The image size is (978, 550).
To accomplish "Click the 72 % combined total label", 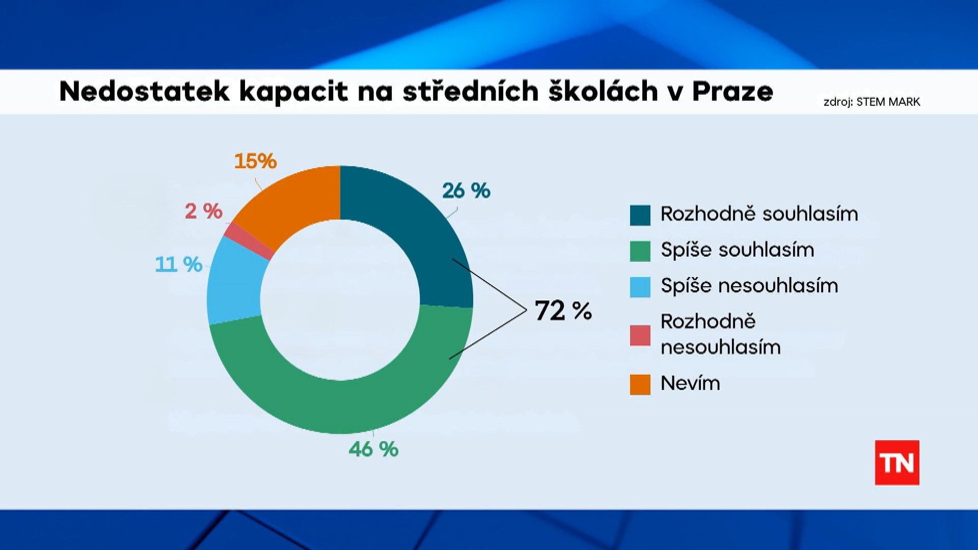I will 563,311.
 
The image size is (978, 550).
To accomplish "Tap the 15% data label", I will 255,161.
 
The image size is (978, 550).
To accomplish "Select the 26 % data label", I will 466,191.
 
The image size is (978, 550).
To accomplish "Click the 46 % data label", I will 373,449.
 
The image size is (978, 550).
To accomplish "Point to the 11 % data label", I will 179,264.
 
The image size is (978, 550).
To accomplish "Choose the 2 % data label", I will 203,211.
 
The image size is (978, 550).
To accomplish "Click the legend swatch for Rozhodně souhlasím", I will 640,215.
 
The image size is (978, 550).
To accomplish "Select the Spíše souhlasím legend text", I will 737,250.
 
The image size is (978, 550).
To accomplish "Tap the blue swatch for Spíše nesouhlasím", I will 640,287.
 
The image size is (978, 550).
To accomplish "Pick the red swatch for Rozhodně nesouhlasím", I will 640,335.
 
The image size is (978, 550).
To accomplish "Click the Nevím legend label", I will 690,383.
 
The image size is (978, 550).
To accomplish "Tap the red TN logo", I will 897,462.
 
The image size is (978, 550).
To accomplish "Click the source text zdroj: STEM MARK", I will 872,102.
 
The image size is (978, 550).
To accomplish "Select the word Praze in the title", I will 732,92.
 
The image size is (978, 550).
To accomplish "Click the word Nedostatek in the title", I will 145,92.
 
